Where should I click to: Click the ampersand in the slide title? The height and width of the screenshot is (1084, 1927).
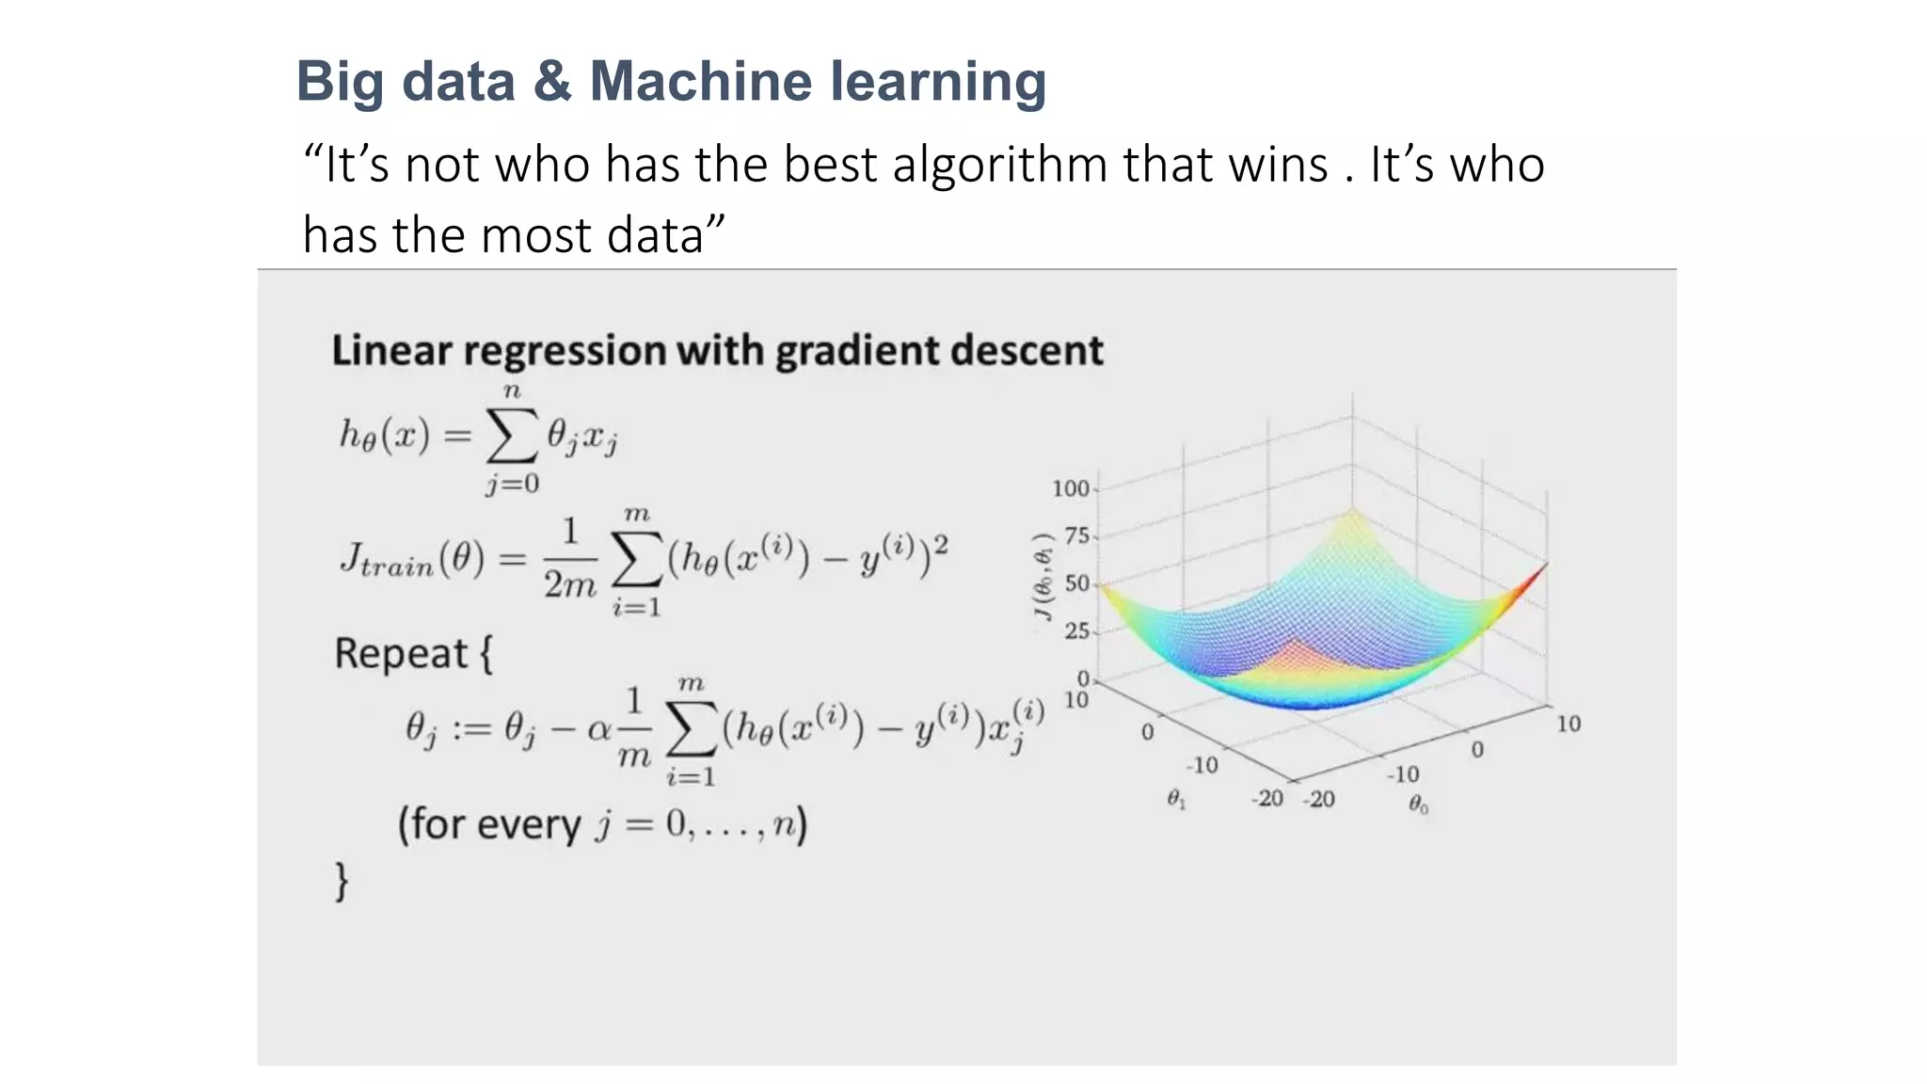point(551,82)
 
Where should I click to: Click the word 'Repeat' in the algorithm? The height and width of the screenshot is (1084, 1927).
point(401,653)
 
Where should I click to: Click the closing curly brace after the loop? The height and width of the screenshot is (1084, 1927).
point(342,882)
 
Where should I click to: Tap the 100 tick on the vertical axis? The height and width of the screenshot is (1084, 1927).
point(1070,488)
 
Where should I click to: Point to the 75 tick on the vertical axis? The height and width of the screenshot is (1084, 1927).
point(1076,535)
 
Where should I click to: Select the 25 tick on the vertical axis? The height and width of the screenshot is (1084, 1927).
point(1076,630)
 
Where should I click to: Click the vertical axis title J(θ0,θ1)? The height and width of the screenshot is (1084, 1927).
point(1043,577)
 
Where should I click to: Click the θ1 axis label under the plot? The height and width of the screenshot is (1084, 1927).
point(1176,799)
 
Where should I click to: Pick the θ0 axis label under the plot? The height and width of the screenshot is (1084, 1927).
point(1418,805)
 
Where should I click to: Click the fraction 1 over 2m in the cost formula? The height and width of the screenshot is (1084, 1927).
point(569,559)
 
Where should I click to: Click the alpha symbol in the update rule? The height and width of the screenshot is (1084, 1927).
point(598,729)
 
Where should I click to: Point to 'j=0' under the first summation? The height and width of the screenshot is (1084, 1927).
point(513,484)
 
